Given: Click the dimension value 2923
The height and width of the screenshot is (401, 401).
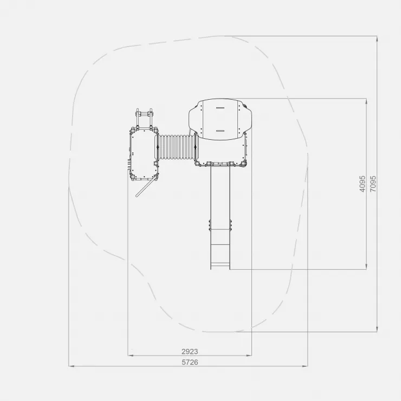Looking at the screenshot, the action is [x=190, y=351].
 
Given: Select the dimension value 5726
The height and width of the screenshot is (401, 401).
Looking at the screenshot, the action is [x=190, y=362].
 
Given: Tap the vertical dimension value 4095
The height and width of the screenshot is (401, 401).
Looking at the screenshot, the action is [x=363, y=184].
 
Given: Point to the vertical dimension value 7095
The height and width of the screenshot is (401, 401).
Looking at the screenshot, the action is [x=373, y=184].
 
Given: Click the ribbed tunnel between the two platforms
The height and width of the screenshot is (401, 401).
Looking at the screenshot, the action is [x=177, y=147].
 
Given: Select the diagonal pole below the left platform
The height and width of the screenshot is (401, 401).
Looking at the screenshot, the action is [x=146, y=187].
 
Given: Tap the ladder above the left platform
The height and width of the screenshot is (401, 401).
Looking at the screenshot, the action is [x=144, y=119].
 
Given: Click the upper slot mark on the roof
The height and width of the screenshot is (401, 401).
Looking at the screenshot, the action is [x=220, y=108].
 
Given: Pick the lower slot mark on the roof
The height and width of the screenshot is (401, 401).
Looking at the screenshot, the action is [x=220, y=131].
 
